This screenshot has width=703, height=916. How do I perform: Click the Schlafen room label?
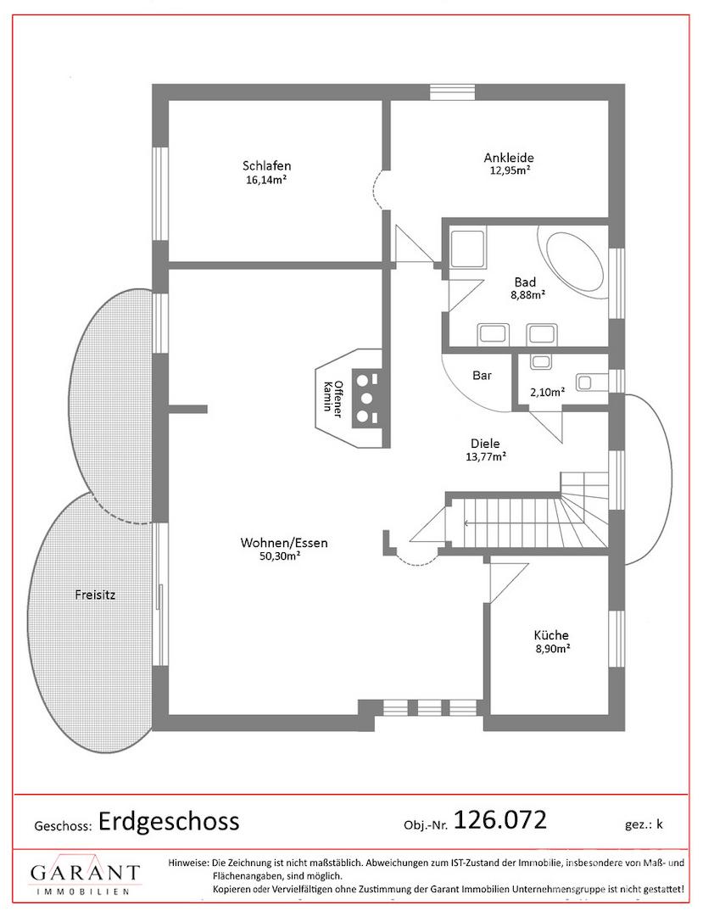(x=267, y=166)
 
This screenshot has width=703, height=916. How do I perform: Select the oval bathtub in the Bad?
(x=570, y=260)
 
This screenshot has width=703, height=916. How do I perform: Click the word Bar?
(x=483, y=376)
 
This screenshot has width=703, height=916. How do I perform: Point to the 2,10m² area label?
(x=547, y=393)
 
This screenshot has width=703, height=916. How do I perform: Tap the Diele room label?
(x=485, y=444)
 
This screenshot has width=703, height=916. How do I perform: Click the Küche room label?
(x=551, y=635)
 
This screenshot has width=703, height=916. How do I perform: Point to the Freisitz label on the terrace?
(x=95, y=595)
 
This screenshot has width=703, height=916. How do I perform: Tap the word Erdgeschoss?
(x=169, y=821)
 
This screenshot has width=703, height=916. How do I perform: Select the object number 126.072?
(x=499, y=819)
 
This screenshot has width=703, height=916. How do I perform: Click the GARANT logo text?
(x=86, y=873)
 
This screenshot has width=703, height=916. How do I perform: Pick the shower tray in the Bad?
(x=468, y=249)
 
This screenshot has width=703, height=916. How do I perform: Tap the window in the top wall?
(x=453, y=93)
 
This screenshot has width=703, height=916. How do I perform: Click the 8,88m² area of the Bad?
(x=527, y=295)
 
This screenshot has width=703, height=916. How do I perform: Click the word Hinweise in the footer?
(x=187, y=863)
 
